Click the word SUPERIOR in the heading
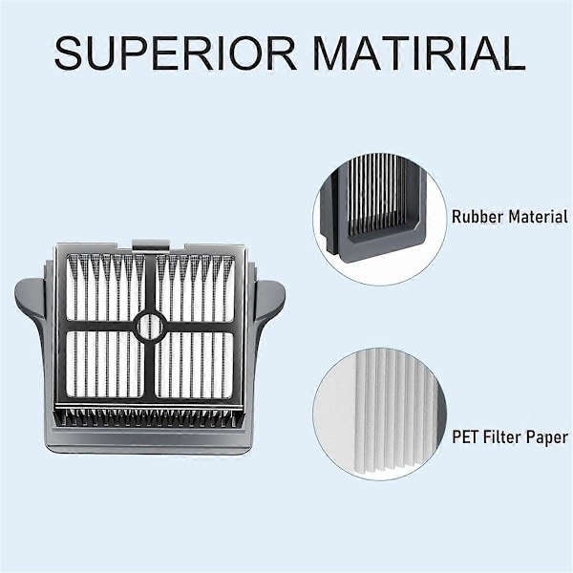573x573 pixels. click(176, 53)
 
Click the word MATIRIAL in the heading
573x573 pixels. click(419, 53)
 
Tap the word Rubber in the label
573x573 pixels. click(477, 217)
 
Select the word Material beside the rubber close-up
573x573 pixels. click(539, 217)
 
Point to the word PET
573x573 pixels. click(466, 436)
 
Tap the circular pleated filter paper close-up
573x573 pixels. click(380, 414)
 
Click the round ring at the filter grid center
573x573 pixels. click(150, 327)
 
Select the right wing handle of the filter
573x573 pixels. click(269, 304)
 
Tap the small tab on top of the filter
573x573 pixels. click(151, 244)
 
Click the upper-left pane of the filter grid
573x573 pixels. click(105, 287)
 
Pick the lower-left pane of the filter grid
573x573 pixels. click(105, 364)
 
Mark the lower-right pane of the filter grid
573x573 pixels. click(195, 365)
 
